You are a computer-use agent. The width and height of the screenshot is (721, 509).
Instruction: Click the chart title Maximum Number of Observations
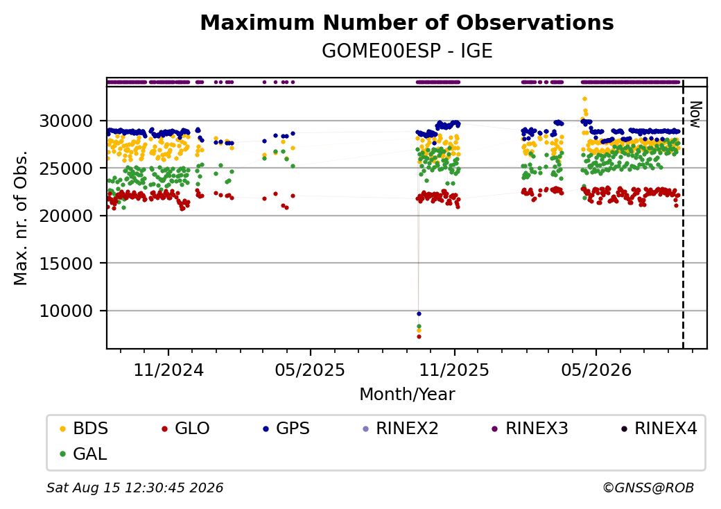(407, 22)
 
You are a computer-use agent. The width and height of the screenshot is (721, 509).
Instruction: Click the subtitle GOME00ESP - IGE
(407, 51)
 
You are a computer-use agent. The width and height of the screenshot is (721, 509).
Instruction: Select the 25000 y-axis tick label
(67, 169)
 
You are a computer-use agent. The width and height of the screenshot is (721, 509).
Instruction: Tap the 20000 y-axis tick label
(67, 216)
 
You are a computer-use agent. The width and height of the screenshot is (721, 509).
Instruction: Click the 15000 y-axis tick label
(67, 264)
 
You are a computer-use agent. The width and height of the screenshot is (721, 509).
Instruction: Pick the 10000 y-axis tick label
(67, 311)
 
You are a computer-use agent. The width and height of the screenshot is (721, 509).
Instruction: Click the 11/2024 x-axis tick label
(168, 370)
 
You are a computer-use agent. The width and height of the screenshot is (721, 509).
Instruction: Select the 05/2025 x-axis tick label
(310, 370)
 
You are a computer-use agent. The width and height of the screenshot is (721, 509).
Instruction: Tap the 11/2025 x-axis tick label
(454, 370)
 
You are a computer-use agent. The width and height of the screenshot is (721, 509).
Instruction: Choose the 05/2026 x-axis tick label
(596, 370)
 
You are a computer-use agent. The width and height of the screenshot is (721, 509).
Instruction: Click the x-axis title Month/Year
(407, 395)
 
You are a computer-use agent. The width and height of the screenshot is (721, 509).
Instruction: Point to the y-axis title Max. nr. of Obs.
(21, 218)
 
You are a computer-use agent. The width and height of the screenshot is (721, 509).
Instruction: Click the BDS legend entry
(84, 429)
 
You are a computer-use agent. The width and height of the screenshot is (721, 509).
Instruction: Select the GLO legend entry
(186, 429)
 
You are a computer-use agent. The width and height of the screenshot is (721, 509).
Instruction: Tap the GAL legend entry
(84, 454)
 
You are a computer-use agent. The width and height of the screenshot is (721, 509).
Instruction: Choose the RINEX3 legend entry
(530, 429)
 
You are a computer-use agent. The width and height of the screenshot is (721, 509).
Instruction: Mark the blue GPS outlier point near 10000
(419, 313)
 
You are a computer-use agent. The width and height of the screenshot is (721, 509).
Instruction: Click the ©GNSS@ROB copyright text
(648, 488)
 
